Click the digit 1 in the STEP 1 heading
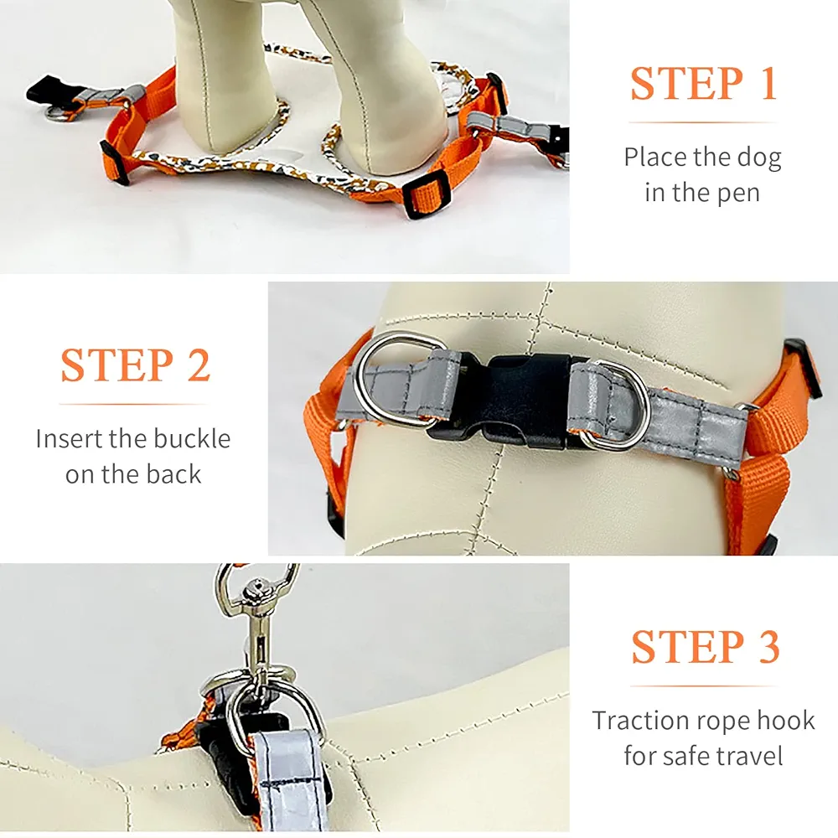coord(768,83)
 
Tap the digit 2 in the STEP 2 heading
coord(199,365)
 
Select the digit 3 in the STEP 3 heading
coord(768,646)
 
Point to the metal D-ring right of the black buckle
coord(618,406)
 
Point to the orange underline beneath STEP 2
coord(133,404)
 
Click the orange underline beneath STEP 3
coord(703,685)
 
